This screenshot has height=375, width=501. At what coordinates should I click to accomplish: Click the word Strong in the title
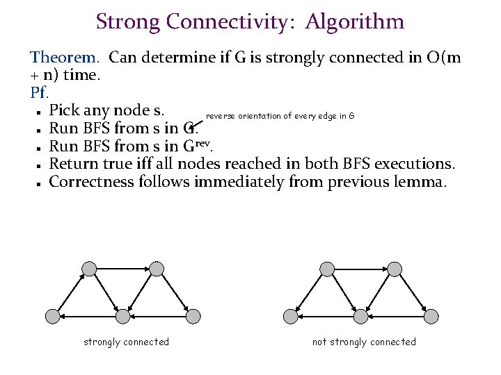point(127,22)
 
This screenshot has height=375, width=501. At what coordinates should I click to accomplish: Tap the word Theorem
point(66,58)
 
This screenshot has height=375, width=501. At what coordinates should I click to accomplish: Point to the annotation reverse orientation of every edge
point(280,116)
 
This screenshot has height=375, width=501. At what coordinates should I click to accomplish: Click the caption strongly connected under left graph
point(126,342)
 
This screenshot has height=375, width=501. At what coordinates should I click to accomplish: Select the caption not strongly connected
point(364,342)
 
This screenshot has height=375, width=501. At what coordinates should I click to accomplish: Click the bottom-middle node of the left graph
point(122,317)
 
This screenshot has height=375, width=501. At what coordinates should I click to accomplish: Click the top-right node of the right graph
point(395,269)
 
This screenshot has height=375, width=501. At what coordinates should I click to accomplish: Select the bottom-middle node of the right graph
point(360,317)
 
